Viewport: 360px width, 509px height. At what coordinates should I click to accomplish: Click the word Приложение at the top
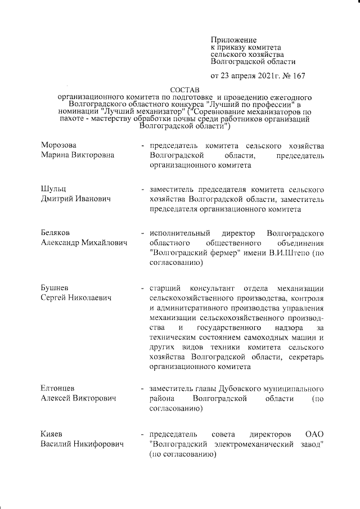[233, 40]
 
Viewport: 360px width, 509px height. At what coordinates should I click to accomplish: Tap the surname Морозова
[58, 146]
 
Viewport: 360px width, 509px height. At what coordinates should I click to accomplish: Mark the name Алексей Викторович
[78, 399]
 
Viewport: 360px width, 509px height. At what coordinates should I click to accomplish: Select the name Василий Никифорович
[82, 445]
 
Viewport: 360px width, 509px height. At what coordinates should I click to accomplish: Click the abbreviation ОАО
[314, 435]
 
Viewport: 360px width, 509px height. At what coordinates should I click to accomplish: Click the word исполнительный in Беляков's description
[179, 232]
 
